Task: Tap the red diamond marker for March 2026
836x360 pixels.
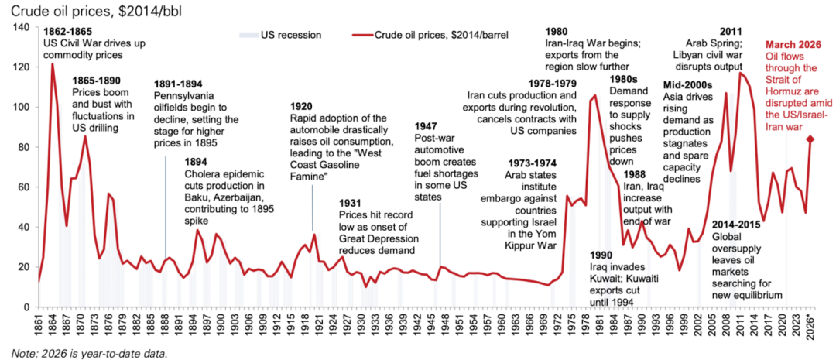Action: (810, 139)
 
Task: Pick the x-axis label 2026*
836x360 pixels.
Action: (810, 324)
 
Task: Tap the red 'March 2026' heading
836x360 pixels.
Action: (793, 45)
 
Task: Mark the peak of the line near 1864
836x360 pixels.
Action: (53, 64)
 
